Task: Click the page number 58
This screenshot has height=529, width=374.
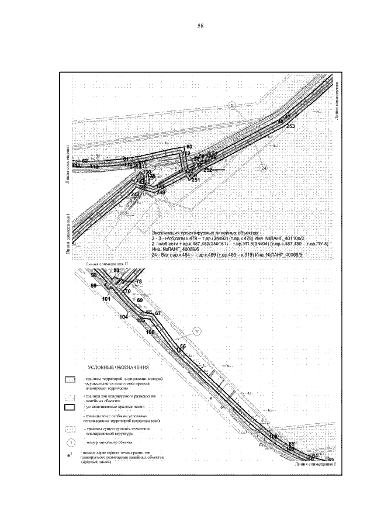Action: coord(200,27)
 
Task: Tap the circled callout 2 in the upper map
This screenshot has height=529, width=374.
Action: coord(232,106)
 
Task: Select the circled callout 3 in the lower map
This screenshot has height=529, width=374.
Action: coord(198,331)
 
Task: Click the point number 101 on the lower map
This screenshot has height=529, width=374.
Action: coord(106,299)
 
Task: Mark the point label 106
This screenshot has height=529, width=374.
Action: coord(150,332)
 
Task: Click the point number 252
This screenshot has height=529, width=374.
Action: coord(207,170)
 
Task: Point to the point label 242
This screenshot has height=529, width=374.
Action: coord(135,194)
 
